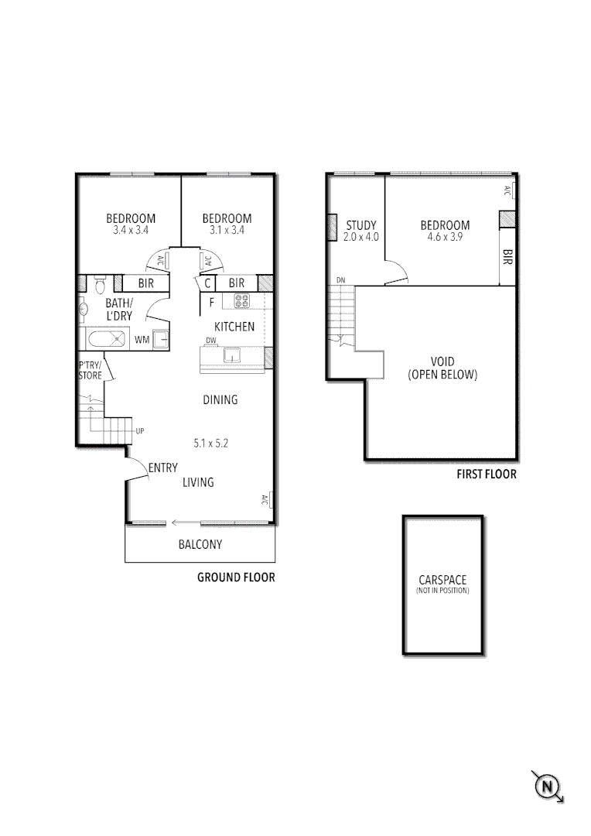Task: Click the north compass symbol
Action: click(x=548, y=786)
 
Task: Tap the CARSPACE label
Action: click(x=442, y=580)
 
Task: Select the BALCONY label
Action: click(x=200, y=544)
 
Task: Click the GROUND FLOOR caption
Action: click(x=236, y=577)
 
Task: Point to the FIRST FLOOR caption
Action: click(x=486, y=474)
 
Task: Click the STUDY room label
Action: click(x=361, y=226)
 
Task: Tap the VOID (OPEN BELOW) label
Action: click(x=442, y=368)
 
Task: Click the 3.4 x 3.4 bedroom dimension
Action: click(x=131, y=230)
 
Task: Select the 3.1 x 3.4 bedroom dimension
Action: click(x=227, y=230)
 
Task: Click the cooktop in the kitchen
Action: click(x=242, y=302)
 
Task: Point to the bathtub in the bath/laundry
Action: click(x=106, y=338)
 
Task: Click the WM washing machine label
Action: click(x=142, y=339)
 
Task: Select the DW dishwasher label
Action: click(x=210, y=341)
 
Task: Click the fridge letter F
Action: click(x=211, y=303)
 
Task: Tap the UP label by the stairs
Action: click(x=140, y=430)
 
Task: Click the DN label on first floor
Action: click(x=340, y=279)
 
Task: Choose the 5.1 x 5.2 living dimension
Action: click(x=210, y=444)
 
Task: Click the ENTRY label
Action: click(x=163, y=468)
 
